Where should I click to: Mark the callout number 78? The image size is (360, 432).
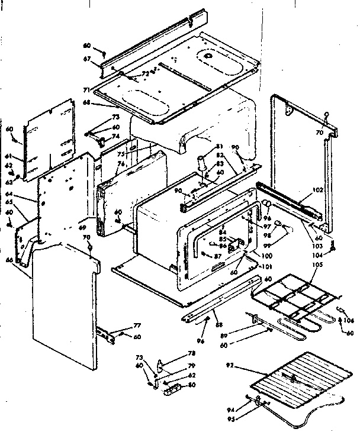coord(175,353)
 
